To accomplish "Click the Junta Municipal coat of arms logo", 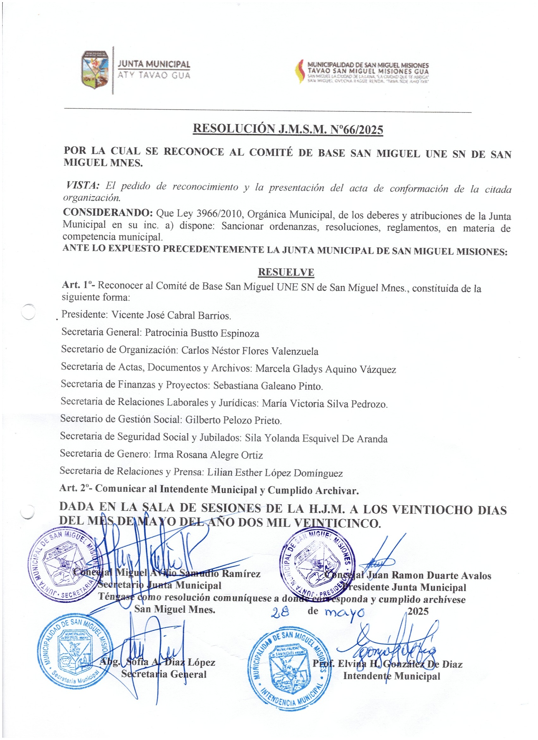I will [95, 70].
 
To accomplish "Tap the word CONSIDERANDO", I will [108, 212].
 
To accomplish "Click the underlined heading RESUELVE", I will [286, 272].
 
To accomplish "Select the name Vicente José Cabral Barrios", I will [171, 315].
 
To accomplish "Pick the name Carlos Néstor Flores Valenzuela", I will [250, 351].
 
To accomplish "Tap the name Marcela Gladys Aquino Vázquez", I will [325, 369].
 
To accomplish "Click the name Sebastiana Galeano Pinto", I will [268, 386].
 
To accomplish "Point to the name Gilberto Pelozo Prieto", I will [233, 420].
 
